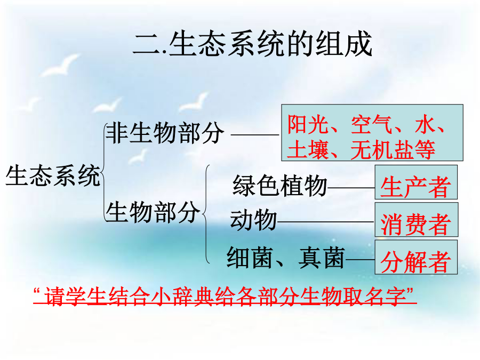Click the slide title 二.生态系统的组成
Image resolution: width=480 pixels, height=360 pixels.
[x=253, y=44]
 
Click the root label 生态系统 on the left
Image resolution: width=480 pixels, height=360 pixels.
[x=53, y=175]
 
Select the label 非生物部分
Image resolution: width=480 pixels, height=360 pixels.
[x=164, y=133]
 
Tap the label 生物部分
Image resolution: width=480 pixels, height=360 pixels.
[x=153, y=212]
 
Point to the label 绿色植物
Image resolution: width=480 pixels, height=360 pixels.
[x=279, y=186]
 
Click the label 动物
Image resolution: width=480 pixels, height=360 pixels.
[x=253, y=220]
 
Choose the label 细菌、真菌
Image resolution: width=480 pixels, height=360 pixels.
[x=286, y=258]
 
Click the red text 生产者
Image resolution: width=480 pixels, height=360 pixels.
[x=415, y=187]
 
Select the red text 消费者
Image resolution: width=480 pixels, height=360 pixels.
[x=415, y=224]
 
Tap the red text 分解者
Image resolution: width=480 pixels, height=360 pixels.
[x=415, y=262]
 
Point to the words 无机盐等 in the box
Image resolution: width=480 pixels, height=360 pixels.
[x=393, y=150]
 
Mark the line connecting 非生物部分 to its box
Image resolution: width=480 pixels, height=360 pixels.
[x=255, y=134]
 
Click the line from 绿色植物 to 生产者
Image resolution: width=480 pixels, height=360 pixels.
[x=351, y=188]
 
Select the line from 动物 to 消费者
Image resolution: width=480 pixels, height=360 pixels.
[x=326, y=222]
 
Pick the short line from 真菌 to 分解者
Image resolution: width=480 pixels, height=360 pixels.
[x=361, y=260]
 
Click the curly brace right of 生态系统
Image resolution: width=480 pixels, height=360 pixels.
[x=103, y=172]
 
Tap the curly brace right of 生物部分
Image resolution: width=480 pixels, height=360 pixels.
[x=206, y=214]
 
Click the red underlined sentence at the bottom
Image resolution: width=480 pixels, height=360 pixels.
[x=225, y=296]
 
